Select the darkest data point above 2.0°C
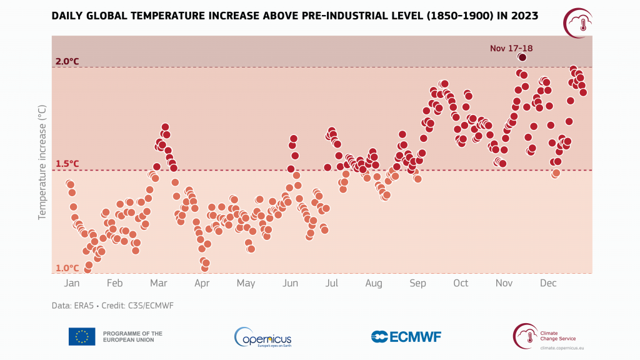522,57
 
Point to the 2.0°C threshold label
67,61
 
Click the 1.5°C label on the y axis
67,164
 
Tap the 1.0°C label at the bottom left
67,268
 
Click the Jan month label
72,284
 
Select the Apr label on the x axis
202,284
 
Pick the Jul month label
331,284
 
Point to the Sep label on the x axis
417,284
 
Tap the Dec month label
547,284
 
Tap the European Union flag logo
82,337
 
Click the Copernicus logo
262,337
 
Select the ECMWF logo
406,337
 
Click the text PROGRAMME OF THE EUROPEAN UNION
132,337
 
